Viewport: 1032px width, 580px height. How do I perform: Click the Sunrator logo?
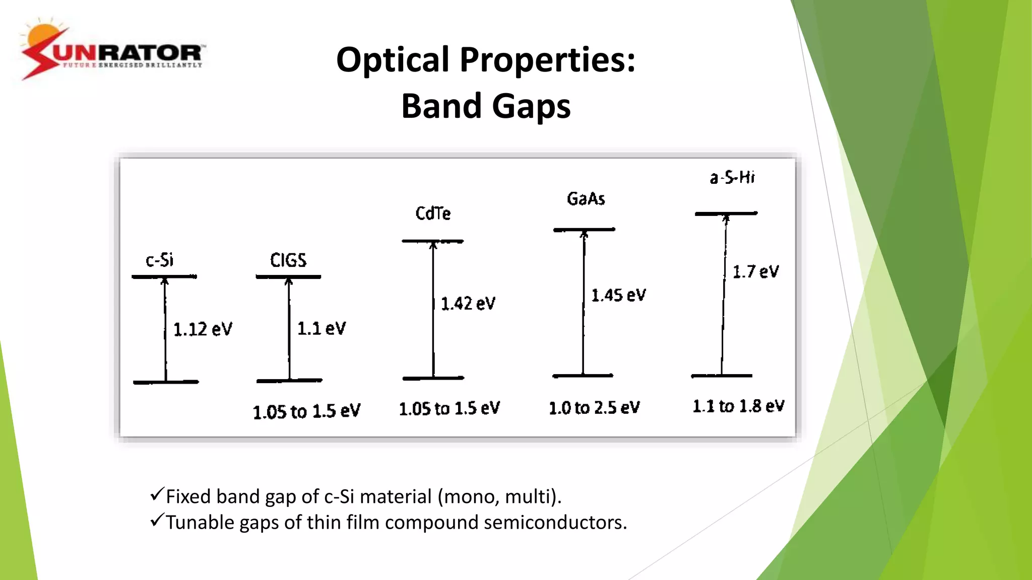112,50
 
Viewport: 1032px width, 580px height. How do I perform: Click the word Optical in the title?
393,60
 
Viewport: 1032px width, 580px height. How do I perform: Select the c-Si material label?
160,260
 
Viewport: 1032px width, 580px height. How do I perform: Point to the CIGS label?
288,260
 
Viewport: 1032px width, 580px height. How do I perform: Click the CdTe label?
433,213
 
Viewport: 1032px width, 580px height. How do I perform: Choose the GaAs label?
586,199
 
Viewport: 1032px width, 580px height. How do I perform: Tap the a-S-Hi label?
732,177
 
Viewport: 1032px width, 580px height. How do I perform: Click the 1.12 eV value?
203,329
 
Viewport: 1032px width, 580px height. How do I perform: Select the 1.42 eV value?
468,304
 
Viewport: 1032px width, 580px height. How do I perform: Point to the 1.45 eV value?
618,295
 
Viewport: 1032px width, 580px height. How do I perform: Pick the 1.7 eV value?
755,272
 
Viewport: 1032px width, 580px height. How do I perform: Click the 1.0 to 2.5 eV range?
594,407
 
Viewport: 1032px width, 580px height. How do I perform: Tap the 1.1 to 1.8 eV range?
738,406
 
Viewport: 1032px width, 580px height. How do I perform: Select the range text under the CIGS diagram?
306,411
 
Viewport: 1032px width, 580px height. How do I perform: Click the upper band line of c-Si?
164,276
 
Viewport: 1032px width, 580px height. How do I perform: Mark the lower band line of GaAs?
583,376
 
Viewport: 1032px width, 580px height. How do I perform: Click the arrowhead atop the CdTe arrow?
433,245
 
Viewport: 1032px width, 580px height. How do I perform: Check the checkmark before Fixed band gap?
157,494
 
